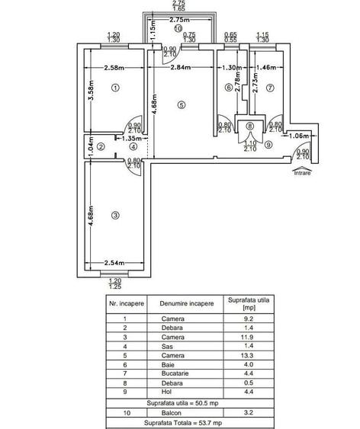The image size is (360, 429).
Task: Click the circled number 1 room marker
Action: pyautogui.click(x=115, y=88)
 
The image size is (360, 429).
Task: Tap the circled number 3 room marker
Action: pyautogui.click(x=115, y=216)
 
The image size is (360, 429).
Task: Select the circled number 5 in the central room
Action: pyautogui.click(x=182, y=105)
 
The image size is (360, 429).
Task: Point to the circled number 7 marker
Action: pyautogui.click(x=270, y=88)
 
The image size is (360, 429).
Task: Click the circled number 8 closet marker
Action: pyautogui.click(x=249, y=126)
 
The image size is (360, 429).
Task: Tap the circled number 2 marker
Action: pyautogui.click(x=101, y=146)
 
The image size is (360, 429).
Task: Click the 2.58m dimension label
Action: pyautogui.click(x=114, y=68)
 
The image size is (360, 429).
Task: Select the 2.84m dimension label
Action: pyautogui.click(x=181, y=67)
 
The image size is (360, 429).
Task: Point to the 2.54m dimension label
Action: pyautogui.click(x=114, y=263)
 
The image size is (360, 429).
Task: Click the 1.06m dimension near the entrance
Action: pyautogui.click(x=299, y=136)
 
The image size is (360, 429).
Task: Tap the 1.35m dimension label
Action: pyautogui.click(x=132, y=139)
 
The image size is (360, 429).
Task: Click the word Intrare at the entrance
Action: pyautogui.click(x=303, y=173)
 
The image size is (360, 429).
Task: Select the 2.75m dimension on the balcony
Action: pyautogui.click(x=179, y=20)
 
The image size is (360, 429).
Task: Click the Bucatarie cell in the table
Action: pyautogui.click(x=175, y=373)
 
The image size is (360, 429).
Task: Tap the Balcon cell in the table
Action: pyautogui.click(x=172, y=412)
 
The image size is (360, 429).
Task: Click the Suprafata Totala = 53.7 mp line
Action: pyautogui.click(x=183, y=423)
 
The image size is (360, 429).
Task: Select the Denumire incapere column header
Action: pyautogui.click(x=187, y=303)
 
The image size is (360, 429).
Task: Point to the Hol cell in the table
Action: pyautogui.click(x=166, y=392)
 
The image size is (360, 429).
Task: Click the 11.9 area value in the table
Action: pyautogui.click(x=247, y=337)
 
